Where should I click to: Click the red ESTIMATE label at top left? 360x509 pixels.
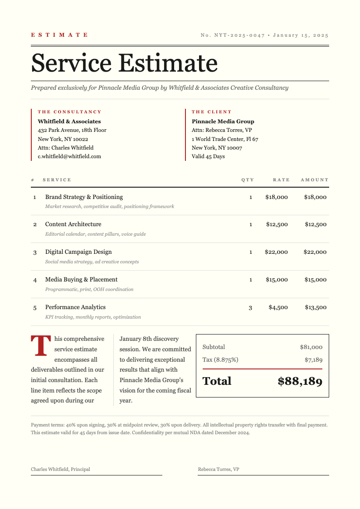(x=59, y=35)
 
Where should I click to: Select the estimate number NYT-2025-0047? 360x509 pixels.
(x=239, y=35)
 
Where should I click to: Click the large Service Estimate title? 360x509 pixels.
(x=124, y=63)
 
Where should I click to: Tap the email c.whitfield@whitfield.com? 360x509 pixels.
(x=69, y=156)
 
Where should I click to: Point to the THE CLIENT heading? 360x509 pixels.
(x=211, y=111)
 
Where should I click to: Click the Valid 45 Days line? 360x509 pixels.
(x=208, y=156)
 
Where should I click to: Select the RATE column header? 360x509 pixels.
(x=281, y=180)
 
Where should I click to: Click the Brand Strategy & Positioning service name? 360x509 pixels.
(x=84, y=197)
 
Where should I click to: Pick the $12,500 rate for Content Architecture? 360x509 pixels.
(x=277, y=224)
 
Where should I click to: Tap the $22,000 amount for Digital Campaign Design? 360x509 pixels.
(x=315, y=252)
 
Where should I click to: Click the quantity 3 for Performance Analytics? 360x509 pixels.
(x=250, y=308)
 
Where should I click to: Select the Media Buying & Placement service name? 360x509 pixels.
(x=81, y=280)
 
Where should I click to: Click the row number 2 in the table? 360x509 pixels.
(x=35, y=225)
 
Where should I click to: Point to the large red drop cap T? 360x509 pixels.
(x=40, y=346)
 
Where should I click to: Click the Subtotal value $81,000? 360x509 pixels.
(x=311, y=347)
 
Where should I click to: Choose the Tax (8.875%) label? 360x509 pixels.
(x=220, y=360)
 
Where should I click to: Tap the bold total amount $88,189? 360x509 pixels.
(x=300, y=382)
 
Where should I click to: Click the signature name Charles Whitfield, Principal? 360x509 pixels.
(x=60, y=469)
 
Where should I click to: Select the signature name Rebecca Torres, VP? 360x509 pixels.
(x=219, y=469)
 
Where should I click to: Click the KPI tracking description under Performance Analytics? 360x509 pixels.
(x=93, y=317)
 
